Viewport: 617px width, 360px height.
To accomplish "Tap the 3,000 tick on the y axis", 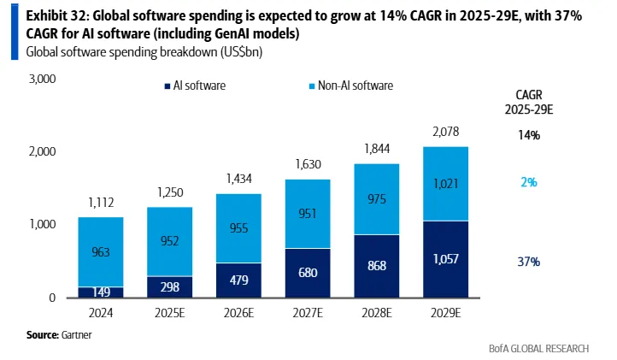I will click(x=42, y=80).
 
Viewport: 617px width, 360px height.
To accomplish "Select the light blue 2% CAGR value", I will click(x=527, y=181).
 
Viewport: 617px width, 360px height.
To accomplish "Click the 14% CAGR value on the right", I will click(x=527, y=135).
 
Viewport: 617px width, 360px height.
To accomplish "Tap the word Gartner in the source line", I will click(x=75, y=334).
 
